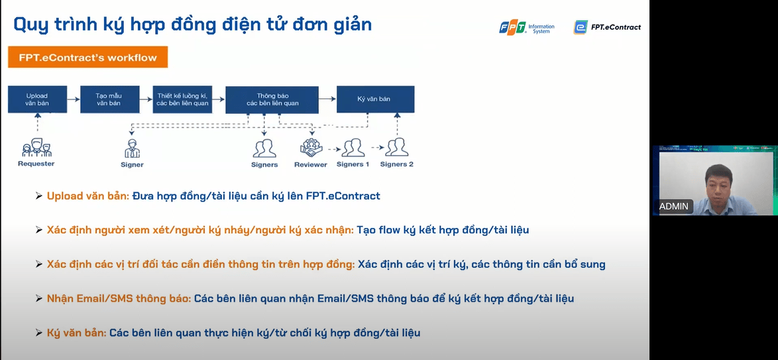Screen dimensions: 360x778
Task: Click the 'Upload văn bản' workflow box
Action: click(x=37, y=99)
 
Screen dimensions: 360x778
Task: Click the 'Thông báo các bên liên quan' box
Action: click(x=272, y=99)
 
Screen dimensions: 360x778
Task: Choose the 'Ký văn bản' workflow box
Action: click(x=375, y=99)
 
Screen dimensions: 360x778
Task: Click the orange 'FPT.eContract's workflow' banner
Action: click(x=87, y=58)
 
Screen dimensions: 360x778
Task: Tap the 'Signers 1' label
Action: click(x=353, y=164)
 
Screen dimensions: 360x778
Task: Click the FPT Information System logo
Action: click(x=527, y=27)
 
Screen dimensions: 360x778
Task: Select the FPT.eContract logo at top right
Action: click(x=607, y=27)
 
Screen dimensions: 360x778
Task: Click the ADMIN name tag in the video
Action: click(x=674, y=206)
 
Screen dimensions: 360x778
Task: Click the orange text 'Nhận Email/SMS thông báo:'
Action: click(x=119, y=298)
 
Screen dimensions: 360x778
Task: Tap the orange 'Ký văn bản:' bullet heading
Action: click(x=76, y=333)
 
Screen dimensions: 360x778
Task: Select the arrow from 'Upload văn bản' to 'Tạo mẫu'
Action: click(x=73, y=99)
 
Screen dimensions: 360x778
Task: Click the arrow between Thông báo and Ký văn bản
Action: click(x=327, y=99)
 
